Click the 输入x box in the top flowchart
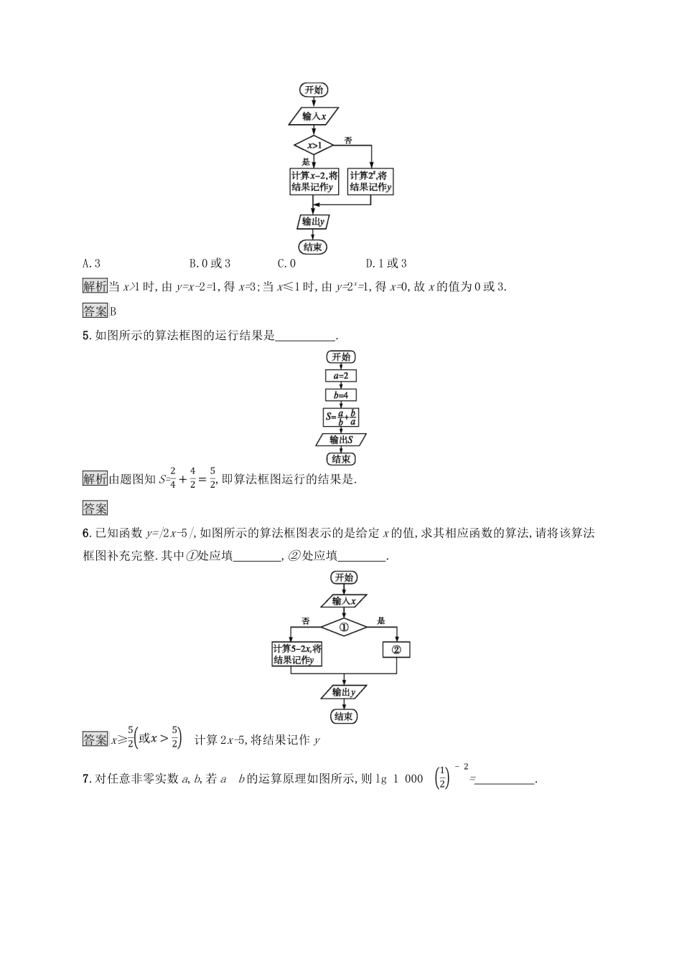pyautogui.click(x=314, y=116)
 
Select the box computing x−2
pyautogui.click(x=314, y=181)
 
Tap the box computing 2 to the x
pyautogui.click(x=371, y=181)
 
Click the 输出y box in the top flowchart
pyautogui.click(x=314, y=222)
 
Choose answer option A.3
pyautogui.click(x=92, y=263)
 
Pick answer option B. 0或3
pyautogui.click(x=210, y=263)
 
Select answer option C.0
pyautogui.click(x=286, y=263)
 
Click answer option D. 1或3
pyautogui.click(x=386, y=263)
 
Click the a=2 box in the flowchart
pyautogui.click(x=341, y=376)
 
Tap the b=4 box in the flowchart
pyautogui.click(x=341, y=395)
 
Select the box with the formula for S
pyautogui.click(x=341, y=417)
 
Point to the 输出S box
pyautogui.click(x=341, y=440)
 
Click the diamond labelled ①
pyautogui.click(x=344, y=628)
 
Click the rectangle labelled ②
pyautogui.click(x=396, y=650)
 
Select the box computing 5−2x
pyautogui.click(x=297, y=654)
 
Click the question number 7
pyautogui.click(x=87, y=779)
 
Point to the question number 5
pyautogui.click(x=87, y=336)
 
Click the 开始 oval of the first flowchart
pyautogui.click(x=314, y=90)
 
